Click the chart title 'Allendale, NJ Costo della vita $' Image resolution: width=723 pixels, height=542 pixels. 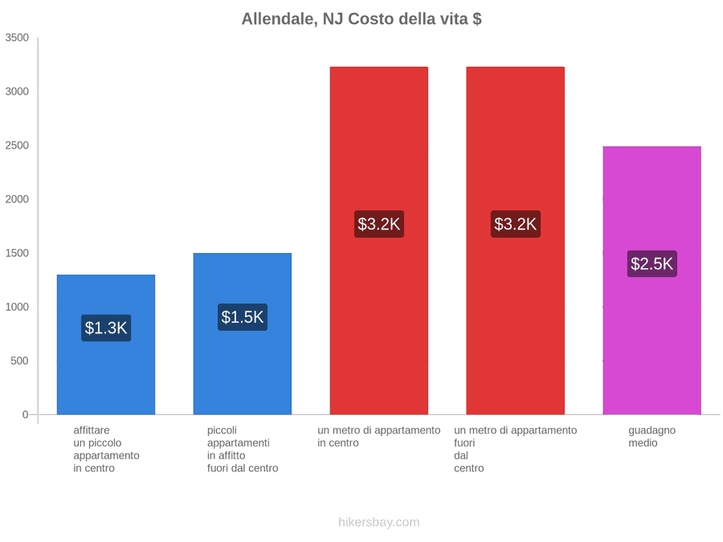coord(361,19)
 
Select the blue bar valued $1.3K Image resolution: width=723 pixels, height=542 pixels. coord(106,344)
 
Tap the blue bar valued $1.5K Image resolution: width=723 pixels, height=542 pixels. coord(243,334)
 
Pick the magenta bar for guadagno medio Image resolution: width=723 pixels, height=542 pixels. coord(652,280)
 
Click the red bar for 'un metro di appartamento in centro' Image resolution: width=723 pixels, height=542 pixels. coord(379,241)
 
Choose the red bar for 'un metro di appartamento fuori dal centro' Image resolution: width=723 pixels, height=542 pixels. coord(516,241)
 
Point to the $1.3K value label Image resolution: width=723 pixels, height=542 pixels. coord(106,328)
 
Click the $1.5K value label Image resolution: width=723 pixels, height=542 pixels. coord(243,317)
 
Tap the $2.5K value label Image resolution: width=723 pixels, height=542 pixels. coord(652,263)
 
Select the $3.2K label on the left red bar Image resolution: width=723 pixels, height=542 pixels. coord(379,224)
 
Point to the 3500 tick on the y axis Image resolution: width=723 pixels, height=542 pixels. coord(17,37)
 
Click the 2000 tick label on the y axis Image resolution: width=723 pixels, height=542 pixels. coord(17,199)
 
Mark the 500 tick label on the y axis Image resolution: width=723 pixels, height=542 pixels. coord(20,361)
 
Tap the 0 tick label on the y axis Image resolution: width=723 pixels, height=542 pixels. coord(26,415)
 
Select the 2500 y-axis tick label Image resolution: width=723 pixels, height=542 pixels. coord(17,145)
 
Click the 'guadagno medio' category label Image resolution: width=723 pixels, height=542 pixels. coord(652,437)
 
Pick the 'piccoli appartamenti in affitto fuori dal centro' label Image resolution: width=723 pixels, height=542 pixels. coord(243,450)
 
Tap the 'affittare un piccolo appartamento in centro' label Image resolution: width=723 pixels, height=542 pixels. coord(106,450)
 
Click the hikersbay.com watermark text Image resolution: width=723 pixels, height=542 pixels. coord(379,522)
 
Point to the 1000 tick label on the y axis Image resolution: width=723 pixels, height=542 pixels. coord(17,307)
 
